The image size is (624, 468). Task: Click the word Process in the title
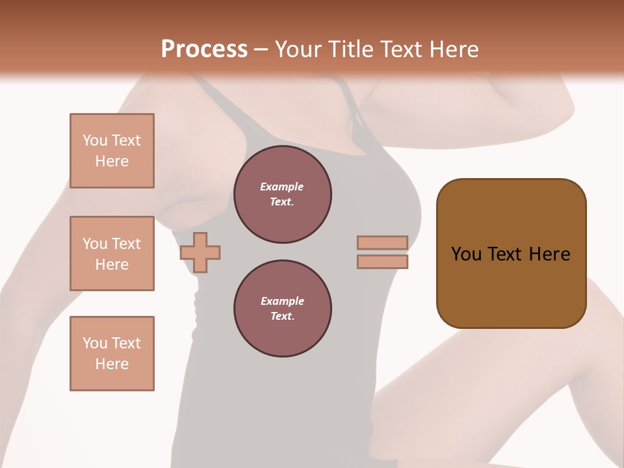point(204,49)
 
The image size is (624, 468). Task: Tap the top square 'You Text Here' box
point(112,151)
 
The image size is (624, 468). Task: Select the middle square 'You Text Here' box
point(112,253)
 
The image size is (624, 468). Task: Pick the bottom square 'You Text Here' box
point(112,354)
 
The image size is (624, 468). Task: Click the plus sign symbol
point(200,252)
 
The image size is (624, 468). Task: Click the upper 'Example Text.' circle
point(282,194)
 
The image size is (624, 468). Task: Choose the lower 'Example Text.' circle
point(282,309)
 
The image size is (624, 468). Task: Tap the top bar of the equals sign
point(382,242)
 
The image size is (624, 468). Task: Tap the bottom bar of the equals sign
point(382,262)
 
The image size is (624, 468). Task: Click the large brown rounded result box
point(511,286)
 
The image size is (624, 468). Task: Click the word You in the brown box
point(466,254)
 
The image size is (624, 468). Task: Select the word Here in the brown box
point(549,254)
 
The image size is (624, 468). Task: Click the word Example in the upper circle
point(282,187)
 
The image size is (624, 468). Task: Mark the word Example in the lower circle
point(282,302)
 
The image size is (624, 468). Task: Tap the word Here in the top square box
point(112,161)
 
